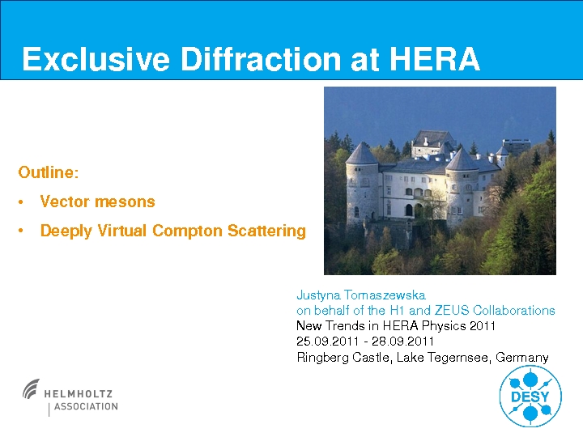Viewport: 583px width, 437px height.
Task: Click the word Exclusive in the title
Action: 96,59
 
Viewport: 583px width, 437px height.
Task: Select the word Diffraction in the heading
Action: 261,59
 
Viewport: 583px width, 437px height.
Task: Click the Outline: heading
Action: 49,172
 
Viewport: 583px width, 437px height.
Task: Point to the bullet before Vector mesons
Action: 21,202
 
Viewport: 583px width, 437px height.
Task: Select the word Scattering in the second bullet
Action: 266,231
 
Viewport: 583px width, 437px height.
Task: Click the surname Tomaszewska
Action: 385,295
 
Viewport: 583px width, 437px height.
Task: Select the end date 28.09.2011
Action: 402,342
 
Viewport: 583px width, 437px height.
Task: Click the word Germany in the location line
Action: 522,358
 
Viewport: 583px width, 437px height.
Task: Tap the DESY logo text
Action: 530,397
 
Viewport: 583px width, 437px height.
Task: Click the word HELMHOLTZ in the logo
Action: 78,394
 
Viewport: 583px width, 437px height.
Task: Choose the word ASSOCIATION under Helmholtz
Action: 86,406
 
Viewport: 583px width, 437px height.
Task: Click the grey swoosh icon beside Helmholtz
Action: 31,388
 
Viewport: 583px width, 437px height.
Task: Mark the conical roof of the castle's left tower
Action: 361,153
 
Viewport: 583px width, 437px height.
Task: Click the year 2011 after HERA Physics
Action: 483,326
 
